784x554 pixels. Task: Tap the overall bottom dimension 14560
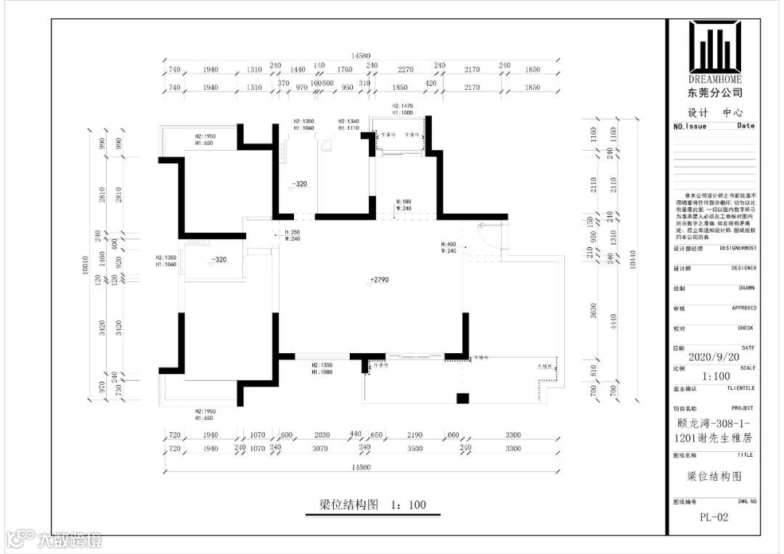pyautogui.click(x=361, y=468)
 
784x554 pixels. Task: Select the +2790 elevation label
pyautogui.click(x=380, y=278)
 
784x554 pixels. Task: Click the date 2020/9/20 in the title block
pyautogui.click(x=714, y=357)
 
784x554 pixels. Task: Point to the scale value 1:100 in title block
pyautogui.click(x=716, y=376)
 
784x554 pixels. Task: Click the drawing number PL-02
pyautogui.click(x=714, y=517)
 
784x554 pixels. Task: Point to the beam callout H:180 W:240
pyautogui.click(x=404, y=205)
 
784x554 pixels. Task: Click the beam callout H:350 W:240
pyautogui.click(x=293, y=235)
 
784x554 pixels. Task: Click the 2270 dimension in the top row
pyautogui.click(x=406, y=69)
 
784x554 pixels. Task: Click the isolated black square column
pyautogui.click(x=462, y=397)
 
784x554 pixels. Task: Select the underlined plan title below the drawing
pyautogui.click(x=372, y=505)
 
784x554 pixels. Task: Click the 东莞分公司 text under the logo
pyautogui.click(x=715, y=93)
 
